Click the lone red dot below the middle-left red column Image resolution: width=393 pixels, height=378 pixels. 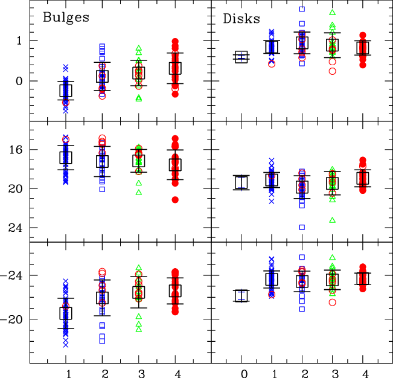[x=175, y=200]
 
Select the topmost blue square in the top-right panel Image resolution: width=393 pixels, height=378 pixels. [x=302, y=9]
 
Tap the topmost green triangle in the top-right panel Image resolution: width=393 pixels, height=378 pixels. [x=332, y=12]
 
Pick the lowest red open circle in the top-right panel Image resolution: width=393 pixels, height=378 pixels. [x=332, y=71]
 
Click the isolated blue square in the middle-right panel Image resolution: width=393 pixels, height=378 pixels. [x=302, y=227]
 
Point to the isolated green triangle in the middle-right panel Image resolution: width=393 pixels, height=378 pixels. [x=332, y=220]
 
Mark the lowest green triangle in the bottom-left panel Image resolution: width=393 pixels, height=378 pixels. [x=138, y=329]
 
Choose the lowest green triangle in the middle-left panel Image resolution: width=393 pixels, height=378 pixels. [x=138, y=192]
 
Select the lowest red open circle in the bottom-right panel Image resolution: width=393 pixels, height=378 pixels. [x=332, y=302]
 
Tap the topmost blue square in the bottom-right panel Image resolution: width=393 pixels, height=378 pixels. [x=302, y=257]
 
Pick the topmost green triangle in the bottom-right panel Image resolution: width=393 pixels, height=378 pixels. [x=332, y=257]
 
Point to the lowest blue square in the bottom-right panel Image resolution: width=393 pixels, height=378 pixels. [x=302, y=309]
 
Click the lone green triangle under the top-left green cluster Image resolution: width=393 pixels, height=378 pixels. [x=138, y=97]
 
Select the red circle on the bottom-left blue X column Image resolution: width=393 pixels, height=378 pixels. [x=66, y=306]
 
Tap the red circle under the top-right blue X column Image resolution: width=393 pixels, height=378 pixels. [x=272, y=63]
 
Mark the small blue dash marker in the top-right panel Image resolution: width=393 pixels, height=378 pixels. [x=241, y=57]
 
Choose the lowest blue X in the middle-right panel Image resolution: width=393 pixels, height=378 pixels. [x=272, y=201]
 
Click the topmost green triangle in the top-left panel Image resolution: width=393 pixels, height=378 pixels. [x=138, y=48]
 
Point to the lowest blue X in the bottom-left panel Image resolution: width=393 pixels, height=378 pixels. [x=66, y=344]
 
